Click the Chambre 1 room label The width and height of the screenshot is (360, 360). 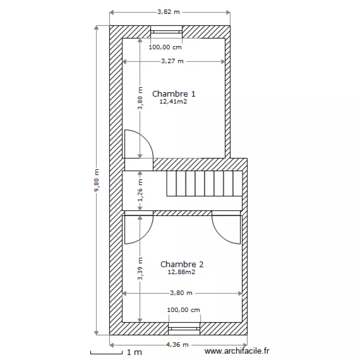(x=173, y=94)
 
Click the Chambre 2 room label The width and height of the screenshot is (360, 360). (x=182, y=264)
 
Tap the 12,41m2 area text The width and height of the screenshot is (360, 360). (x=173, y=102)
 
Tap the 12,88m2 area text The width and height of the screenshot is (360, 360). (x=181, y=272)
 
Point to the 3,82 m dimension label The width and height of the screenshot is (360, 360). (x=169, y=12)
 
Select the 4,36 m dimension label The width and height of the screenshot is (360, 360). (x=178, y=345)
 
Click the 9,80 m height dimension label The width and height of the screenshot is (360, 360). (x=96, y=180)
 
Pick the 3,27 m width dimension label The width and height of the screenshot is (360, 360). (x=173, y=61)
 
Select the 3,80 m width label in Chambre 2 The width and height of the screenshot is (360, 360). (x=181, y=293)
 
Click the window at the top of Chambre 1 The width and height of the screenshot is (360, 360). (x=166, y=32)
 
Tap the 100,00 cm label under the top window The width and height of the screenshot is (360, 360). (x=165, y=47)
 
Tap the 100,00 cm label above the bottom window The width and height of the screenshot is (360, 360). (x=183, y=310)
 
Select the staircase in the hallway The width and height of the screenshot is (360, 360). (x=204, y=183)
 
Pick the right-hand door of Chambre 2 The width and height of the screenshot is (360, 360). (x=227, y=229)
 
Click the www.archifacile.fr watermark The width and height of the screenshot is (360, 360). (x=237, y=352)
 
